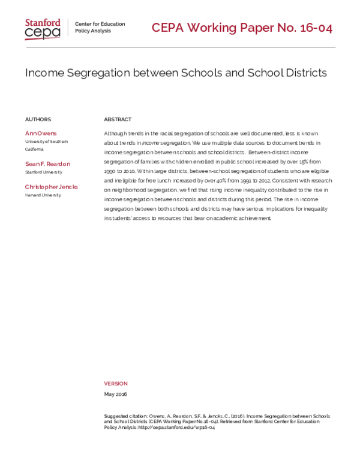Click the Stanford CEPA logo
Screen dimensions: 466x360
(x=42, y=29)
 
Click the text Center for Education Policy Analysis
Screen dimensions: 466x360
(x=100, y=28)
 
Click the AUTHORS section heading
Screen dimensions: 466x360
(x=38, y=120)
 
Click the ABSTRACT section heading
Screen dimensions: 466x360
(x=118, y=120)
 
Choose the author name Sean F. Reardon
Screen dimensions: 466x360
(x=47, y=163)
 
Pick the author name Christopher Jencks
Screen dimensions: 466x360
(x=51, y=187)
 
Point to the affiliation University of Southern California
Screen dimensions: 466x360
(x=46, y=145)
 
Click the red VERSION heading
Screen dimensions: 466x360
(x=116, y=383)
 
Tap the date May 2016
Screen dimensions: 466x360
(x=115, y=394)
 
